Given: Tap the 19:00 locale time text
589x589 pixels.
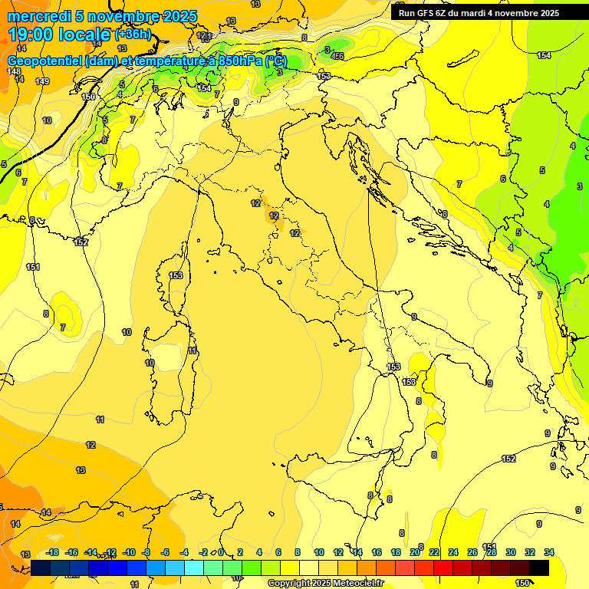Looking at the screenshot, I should pyautogui.click(x=60, y=35).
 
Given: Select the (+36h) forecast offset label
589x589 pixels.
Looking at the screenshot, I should pyautogui.click(x=133, y=35).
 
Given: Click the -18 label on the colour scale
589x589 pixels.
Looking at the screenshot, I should pyautogui.click(x=53, y=552).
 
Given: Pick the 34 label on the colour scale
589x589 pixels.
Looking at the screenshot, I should pyautogui.click(x=549, y=552).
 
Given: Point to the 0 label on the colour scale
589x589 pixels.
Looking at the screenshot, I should pyautogui.click(x=221, y=552).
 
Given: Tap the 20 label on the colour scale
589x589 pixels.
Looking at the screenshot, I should pyautogui.click(x=415, y=552).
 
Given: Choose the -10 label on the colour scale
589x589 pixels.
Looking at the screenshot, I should pyautogui.click(x=130, y=552).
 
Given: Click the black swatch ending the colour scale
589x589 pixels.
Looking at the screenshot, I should pyautogui.click(x=539, y=568).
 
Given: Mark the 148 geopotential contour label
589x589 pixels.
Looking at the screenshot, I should pyautogui.click(x=14, y=71).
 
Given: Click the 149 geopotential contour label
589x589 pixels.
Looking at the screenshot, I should pyautogui.click(x=42, y=81).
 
